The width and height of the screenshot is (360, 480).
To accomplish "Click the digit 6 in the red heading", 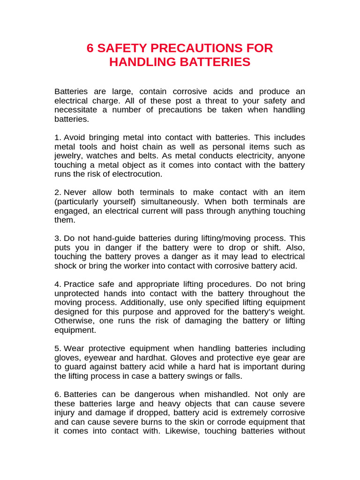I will (x=90, y=48).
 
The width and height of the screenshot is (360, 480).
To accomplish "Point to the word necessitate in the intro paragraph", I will (x=76, y=110).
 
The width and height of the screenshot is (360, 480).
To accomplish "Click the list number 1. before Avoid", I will (x=58, y=137).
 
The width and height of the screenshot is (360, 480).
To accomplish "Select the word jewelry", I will (x=68, y=156).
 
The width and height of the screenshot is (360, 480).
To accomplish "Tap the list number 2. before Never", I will (x=58, y=192).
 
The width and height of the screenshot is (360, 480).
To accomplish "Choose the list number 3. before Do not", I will (x=58, y=238).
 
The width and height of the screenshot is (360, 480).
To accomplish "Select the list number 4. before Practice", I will (x=58, y=284).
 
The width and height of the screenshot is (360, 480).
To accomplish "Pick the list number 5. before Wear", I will (x=58, y=348).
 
